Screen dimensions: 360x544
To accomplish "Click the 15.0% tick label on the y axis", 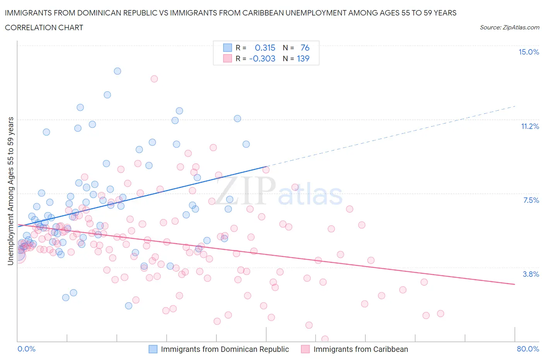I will [529, 52].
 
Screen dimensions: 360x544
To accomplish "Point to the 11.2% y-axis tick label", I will [530, 126].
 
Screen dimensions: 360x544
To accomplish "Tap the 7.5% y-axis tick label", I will [531, 200].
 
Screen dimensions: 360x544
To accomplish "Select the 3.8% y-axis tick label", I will [531, 274].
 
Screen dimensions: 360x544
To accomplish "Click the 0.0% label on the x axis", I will [26, 349].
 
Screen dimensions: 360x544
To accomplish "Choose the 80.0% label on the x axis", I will [528, 349].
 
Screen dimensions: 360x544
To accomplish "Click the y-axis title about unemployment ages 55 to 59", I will [10, 191].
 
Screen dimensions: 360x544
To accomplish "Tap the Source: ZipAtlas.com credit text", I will [509, 27].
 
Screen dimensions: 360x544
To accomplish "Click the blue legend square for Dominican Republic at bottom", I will [153, 349].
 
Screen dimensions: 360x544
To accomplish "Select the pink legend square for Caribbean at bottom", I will [306, 349].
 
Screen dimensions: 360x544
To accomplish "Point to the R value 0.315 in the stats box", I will [265, 48].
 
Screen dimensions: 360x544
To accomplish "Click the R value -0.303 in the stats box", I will [262, 58].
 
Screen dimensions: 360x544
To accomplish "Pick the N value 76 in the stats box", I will [305, 48].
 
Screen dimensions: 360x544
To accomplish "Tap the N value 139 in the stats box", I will [303, 58].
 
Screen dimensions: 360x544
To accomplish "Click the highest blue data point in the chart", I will [117, 71].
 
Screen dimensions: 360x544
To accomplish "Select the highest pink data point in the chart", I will [154, 79].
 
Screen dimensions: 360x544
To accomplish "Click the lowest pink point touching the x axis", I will [325, 339].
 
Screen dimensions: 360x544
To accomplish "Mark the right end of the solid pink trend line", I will [515, 284].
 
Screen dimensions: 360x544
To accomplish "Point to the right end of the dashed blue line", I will [515, 106].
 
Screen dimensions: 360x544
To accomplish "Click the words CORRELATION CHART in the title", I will [44, 27].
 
